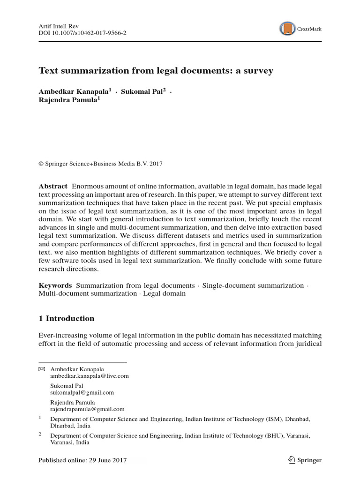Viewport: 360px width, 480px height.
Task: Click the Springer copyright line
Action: coord(100,163)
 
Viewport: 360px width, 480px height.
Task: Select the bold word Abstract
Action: coord(53,187)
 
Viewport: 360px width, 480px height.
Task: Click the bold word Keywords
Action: coord(55,285)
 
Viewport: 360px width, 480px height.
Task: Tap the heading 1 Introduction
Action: coord(66,318)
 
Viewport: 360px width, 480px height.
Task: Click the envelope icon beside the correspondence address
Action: coord(41,369)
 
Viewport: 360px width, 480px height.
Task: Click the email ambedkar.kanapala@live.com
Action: coord(89,376)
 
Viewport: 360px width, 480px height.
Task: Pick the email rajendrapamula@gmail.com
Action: coord(87,409)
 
